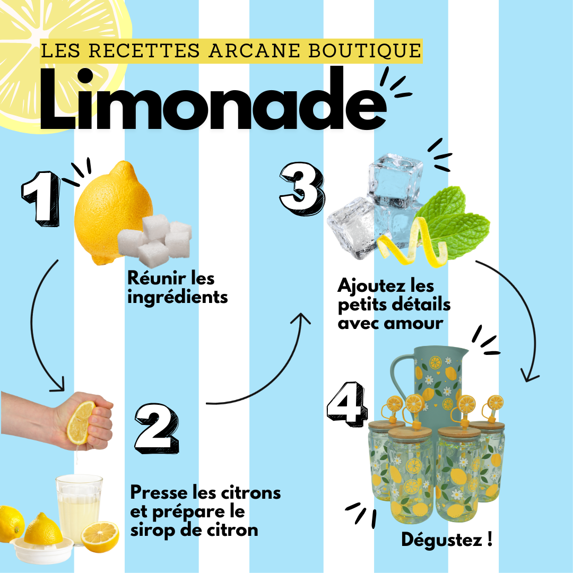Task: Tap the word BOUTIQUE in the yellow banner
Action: coord(365,50)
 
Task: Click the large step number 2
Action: coord(158,428)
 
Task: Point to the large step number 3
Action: coord(302,188)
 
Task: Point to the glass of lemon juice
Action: coord(79,508)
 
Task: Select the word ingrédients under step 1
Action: coord(178,298)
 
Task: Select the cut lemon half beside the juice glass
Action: coord(100,537)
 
